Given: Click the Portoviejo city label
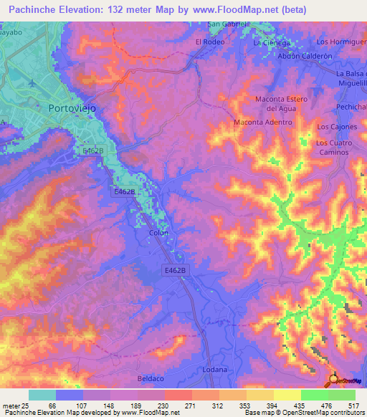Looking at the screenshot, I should [72, 108].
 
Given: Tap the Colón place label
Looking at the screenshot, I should [158, 234].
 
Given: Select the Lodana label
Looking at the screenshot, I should [214, 369].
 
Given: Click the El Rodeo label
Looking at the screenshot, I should [210, 42].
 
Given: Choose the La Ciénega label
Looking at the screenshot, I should [272, 42].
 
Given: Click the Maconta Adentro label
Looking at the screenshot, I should [263, 123].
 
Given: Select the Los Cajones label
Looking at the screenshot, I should [336, 127].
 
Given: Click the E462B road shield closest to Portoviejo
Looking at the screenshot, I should [93, 151].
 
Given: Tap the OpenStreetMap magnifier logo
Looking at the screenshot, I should [334, 380].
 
